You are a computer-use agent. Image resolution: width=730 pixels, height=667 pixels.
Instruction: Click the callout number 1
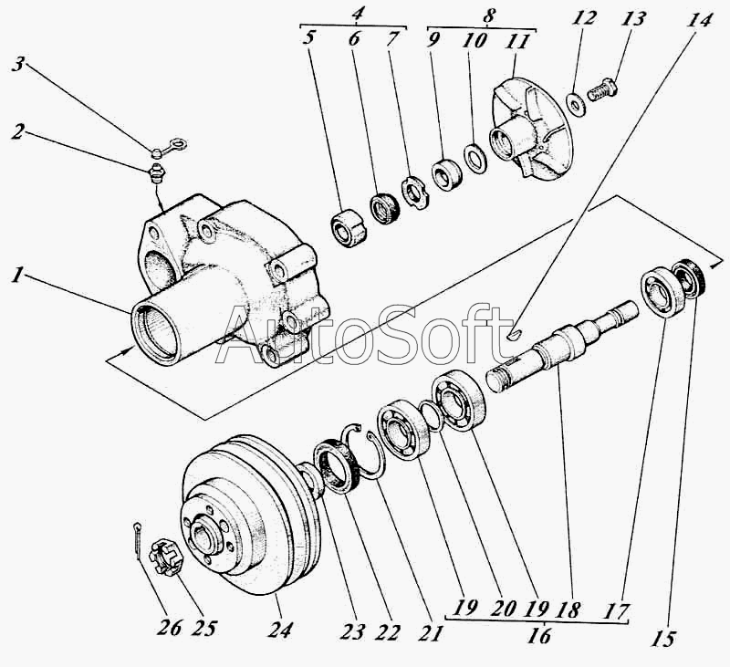(x=17, y=276)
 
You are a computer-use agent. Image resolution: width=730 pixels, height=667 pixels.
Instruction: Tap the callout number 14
(x=699, y=21)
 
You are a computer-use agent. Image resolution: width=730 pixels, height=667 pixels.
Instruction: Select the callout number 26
(x=170, y=628)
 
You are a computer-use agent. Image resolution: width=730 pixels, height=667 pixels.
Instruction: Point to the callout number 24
(x=280, y=629)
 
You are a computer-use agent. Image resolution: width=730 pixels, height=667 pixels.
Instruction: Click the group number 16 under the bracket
(x=538, y=635)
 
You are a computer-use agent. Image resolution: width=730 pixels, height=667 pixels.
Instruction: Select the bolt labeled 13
(x=602, y=90)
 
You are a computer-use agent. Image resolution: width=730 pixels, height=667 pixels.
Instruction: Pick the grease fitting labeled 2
(x=156, y=172)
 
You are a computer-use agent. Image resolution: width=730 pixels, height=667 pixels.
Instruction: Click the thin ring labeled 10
(x=475, y=159)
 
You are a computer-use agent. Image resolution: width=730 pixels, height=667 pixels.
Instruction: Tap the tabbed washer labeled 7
(x=415, y=192)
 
